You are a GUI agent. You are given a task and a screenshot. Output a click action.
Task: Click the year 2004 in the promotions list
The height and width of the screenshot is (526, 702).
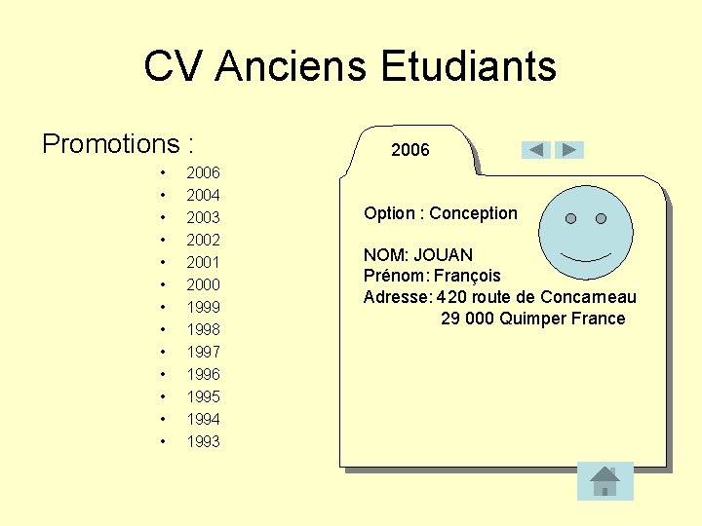point(203,195)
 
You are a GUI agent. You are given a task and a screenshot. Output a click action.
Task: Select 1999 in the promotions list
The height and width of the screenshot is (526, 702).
point(203,307)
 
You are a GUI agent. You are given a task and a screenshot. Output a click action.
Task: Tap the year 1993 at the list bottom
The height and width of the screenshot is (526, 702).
point(203,441)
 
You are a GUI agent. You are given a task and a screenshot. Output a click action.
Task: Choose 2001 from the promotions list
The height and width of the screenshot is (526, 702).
point(203,262)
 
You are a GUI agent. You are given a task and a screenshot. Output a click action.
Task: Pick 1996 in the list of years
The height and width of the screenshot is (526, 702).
point(203,374)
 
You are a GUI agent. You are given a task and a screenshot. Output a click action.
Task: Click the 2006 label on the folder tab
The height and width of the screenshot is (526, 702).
point(409,150)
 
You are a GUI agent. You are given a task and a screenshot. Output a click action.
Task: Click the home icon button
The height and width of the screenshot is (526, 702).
point(604,480)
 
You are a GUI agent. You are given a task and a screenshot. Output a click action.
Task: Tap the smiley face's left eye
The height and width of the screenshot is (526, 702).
point(570,218)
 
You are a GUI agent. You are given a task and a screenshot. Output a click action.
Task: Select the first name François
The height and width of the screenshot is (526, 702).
point(467,276)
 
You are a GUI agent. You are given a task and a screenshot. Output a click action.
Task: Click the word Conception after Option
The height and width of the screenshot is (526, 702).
point(473,213)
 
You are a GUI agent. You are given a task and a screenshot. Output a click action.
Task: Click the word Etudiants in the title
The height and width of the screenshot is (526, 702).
point(468,67)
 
